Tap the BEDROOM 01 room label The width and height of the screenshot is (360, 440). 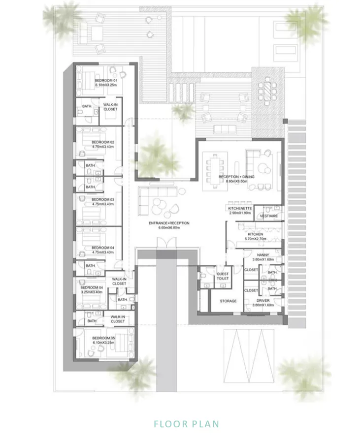[x=106, y=80]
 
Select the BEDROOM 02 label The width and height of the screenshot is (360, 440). [x=103, y=142]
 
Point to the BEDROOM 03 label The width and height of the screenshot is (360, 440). [x=103, y=199]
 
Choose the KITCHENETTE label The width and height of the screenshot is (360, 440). [x=240, y=208]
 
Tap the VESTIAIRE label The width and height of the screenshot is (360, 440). [x=269, y=216]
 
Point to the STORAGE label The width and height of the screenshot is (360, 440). [x=228, y=301]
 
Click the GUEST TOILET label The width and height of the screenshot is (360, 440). [x=223, y=276]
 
